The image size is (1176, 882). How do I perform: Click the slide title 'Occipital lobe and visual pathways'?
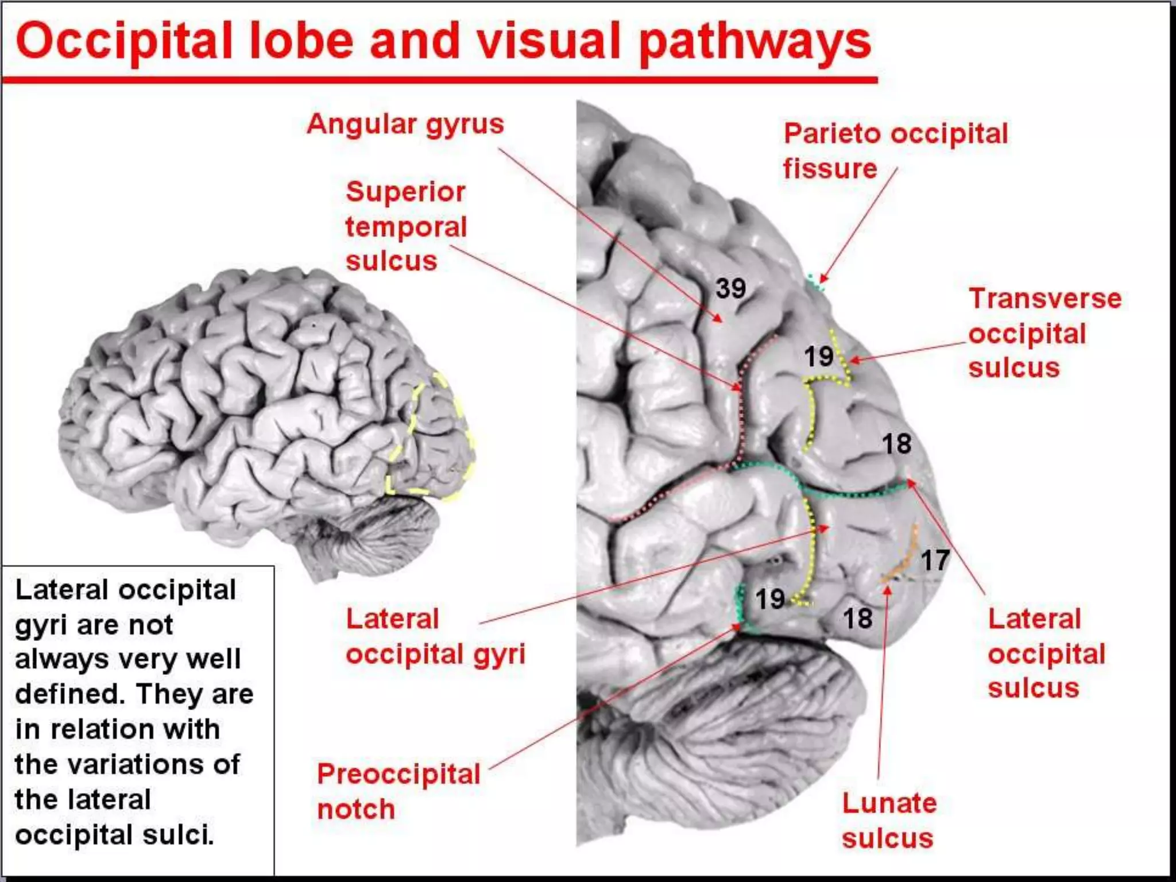click(443, 41)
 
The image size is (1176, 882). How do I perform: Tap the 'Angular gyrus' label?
click(405, 124)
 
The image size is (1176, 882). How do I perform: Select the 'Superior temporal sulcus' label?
click(406, 226)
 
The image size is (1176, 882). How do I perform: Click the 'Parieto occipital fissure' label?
click(895, 150)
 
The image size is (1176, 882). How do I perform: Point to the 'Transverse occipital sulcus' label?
click(1045, 333)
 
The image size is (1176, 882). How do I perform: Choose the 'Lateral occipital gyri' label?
click(435, 636)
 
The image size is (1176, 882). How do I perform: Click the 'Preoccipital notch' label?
click(399, 791)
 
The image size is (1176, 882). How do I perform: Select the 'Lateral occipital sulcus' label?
click(1046, 653)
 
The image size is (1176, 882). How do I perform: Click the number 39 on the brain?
click(730, 288)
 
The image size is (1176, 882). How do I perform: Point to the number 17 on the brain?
click(935, 560)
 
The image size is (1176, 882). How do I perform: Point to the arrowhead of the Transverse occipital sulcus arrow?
click(852, 361)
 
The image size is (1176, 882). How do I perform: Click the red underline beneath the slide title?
click(440, 79)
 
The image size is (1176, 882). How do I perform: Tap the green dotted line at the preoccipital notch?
click(740, 609)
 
